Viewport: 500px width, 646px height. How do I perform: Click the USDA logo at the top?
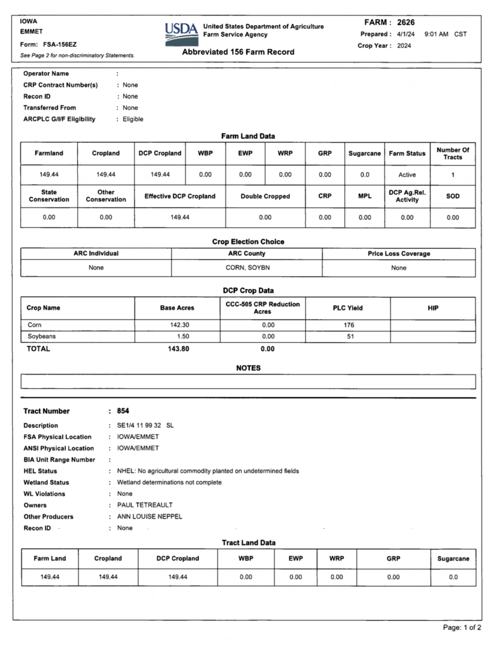181,34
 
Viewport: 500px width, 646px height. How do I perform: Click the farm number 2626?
406,23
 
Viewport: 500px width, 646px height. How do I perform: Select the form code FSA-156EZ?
60,44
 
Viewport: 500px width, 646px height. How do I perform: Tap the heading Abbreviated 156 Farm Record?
238,52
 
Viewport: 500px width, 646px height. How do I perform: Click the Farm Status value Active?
407,175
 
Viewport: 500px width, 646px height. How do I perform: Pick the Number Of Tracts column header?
453,153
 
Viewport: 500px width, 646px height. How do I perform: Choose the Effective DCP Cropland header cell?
180,196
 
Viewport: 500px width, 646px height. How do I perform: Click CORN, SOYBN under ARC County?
247,268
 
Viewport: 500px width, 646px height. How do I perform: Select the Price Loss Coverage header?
398,254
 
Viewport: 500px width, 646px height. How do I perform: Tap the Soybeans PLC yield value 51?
350,337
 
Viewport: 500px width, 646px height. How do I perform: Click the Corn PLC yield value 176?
349,325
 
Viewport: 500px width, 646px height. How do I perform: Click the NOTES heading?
248,368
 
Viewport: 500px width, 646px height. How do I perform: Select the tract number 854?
123,411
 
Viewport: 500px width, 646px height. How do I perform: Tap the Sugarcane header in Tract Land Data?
453,559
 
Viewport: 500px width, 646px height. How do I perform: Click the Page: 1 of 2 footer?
462,627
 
